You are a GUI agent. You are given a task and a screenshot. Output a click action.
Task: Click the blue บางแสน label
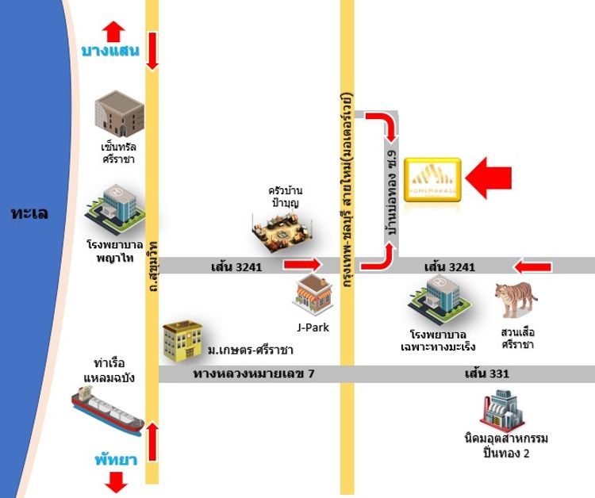[110, 52]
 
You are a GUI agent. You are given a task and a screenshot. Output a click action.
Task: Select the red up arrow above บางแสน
[113, 30]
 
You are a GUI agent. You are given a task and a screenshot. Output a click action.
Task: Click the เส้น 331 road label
[487, 373]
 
